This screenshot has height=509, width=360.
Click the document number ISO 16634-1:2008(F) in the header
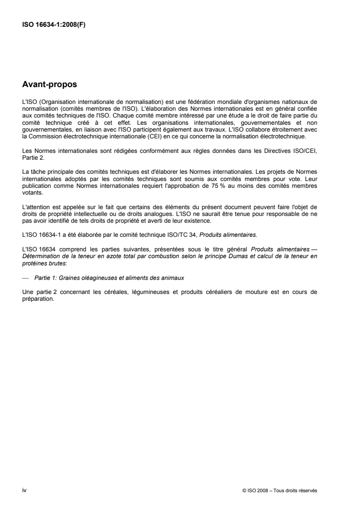[54, 25]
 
